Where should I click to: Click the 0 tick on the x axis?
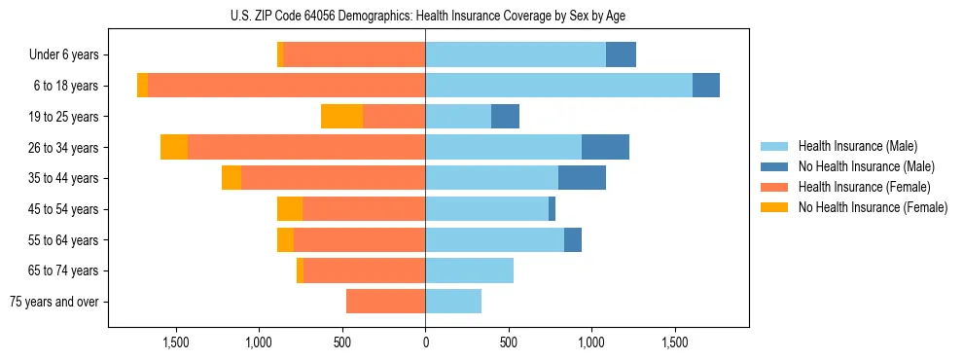[x=425, y=343]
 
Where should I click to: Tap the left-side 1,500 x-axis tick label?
[x=175, y=343]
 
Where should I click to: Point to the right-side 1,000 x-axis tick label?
[x=591, y=343]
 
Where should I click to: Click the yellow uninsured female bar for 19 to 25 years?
[x=341, y=117]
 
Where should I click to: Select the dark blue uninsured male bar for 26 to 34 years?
[x=605, y=147]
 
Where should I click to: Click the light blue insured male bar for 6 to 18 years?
[x=558, y=86]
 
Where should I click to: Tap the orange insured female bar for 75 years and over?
[x=385, y=302]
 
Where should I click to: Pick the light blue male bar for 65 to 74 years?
[x=469, y=270]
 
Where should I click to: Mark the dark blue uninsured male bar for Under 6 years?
[x=621, y=55]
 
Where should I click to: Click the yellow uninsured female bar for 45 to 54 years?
[x=290, y=209]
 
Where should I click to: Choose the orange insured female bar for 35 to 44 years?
[x=333, y=178]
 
